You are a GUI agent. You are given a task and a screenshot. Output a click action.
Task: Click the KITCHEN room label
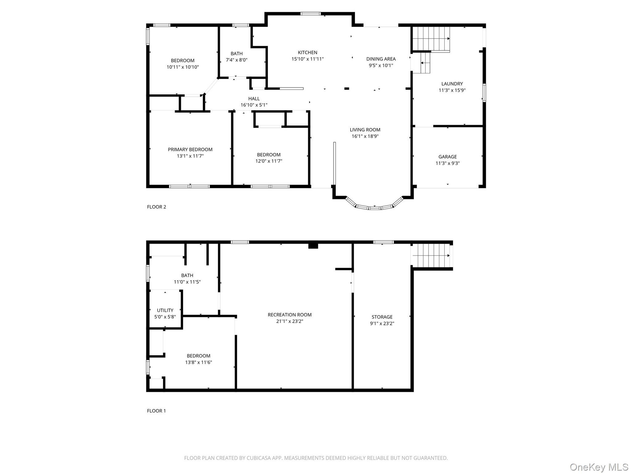point(307,52)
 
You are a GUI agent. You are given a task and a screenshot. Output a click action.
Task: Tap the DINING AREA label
point(381,59)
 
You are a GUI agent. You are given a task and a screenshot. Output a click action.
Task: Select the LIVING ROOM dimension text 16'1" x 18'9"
point(365,136)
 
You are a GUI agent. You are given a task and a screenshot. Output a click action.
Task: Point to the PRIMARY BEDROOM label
point(190,149)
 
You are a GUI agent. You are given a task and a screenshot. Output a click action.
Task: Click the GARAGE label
point(448,157)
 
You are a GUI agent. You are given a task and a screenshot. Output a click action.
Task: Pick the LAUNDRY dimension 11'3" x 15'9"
point(452,90)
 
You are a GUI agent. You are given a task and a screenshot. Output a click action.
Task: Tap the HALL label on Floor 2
point(254,98)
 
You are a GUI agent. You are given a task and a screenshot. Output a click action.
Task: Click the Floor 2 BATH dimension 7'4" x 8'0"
point(237,60)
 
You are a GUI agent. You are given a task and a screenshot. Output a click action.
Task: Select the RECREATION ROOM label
point(290,315)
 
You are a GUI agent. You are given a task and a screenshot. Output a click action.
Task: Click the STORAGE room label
point(382,317)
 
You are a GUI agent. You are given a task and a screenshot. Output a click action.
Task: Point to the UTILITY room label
point(165,310)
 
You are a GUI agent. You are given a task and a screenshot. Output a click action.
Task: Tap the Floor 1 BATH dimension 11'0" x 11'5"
point(187,282)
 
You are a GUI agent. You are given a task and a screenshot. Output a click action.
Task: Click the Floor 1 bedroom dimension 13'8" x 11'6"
point(198,362)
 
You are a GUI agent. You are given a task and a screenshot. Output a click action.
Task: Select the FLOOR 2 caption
point(157,207)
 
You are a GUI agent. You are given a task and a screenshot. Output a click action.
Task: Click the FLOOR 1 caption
point(156,411)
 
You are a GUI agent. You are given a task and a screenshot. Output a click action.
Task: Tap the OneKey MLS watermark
point(599,467)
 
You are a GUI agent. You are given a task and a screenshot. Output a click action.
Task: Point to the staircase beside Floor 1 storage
point(432,255)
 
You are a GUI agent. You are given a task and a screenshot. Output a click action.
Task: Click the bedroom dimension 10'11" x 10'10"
point(183,67)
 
